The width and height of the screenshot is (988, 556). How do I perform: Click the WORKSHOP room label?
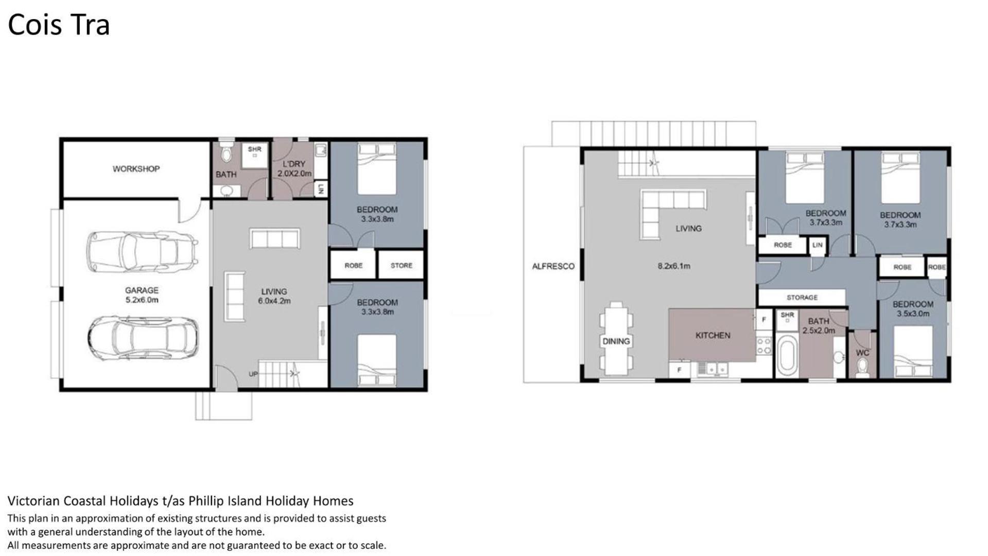click(x=136, y=169)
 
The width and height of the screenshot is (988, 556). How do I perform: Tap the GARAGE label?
click(x=142, y=290)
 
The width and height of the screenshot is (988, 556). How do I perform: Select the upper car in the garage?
click(x=143, y=251)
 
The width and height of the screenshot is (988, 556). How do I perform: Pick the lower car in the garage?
click(x=143, y=338)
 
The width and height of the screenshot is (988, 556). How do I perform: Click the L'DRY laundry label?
click(x=294, y=164)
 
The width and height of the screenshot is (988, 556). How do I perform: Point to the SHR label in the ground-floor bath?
click(x=255, y=149)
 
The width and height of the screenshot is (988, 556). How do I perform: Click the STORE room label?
click(x=401, y=266)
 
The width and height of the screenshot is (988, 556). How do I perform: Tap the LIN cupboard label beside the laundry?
click(x=321, y=189)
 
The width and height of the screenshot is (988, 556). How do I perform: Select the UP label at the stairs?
click(x=253, y=374)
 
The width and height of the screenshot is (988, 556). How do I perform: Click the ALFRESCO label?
click(x=553, y=266)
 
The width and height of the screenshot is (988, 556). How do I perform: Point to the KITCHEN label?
click(x=713, y=335)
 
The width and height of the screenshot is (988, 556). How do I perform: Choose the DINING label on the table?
click(x=616, y=341)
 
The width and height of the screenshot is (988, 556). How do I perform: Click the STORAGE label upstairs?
click(x=802, y=298)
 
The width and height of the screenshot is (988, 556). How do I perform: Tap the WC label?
click(x=862, y=353)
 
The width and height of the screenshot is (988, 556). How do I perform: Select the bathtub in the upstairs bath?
click(x=787, y=356)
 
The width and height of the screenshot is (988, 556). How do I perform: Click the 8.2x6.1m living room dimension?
click(x=673, y=266)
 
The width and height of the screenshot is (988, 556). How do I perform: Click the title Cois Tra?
click(x=59, y=25)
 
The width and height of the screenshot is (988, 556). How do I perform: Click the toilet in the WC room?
click(x=862, y=367)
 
